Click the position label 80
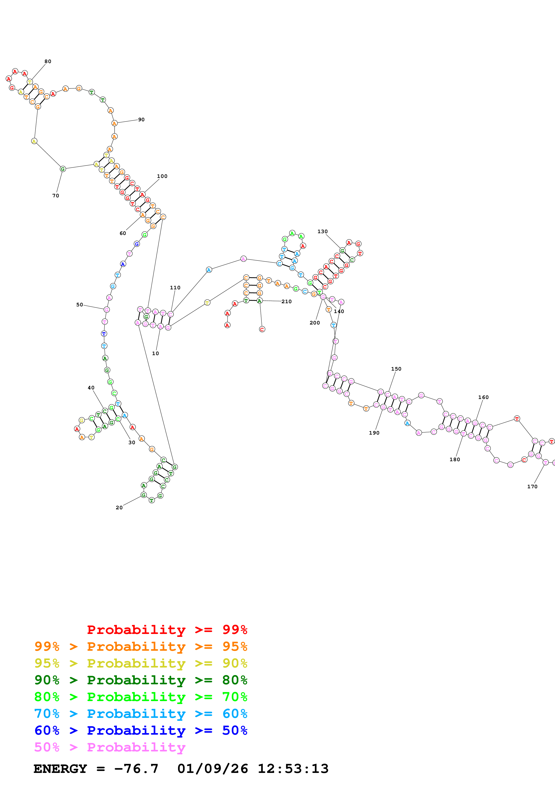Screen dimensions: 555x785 coord(48,62)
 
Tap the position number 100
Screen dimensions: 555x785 coord(162,176)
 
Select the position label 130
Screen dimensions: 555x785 coord(322,231)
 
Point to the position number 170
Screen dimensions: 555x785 coord(532,486)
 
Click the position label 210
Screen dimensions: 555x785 coord(287,302)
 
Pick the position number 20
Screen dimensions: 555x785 coord(119,508)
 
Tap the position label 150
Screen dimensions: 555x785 coord(396,369)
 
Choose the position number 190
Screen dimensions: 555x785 coord(374,433)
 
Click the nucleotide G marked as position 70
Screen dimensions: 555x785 coord(63,169)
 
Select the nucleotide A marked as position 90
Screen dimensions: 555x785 coord(115,123)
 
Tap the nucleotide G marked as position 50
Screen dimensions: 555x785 coord(107,310)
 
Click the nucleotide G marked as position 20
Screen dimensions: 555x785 coord(144,495)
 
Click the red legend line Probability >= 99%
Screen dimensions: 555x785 coord(167,630)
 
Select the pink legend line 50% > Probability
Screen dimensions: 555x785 coord(109,747)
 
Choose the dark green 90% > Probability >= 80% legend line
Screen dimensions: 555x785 coord(141,680)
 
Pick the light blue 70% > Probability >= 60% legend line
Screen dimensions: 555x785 coord(141,714)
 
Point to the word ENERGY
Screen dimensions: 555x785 coord(60,769)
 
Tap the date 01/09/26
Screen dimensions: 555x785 coord(212,769)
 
